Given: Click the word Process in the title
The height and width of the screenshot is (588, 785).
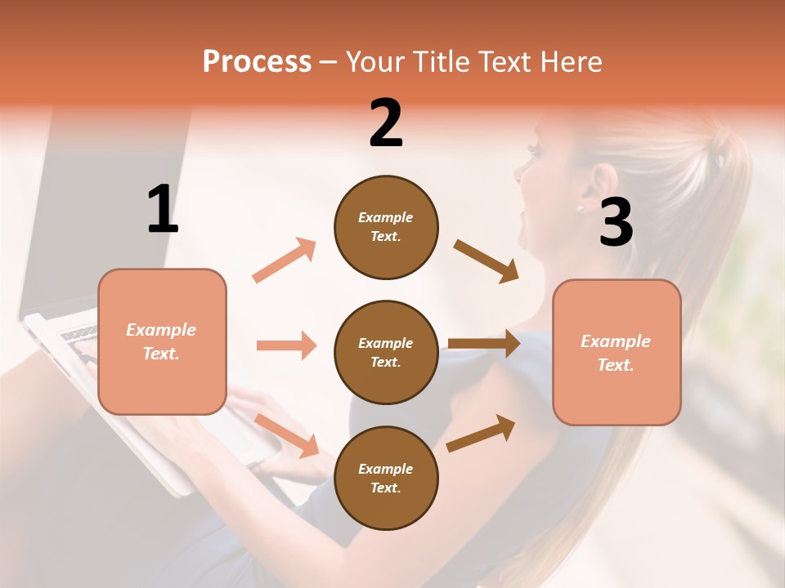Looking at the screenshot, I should [x=257, y=62].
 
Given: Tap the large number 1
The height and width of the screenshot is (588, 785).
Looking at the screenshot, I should [x=163, y=209].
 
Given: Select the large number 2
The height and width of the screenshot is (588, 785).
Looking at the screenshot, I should [x=386, y=124].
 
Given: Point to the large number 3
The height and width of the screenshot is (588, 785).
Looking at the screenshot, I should [x=616, y=222].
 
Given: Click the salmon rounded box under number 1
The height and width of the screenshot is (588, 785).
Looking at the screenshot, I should [x=162, y=341].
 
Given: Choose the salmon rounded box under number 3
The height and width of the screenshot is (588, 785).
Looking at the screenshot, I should [x=617, y=352].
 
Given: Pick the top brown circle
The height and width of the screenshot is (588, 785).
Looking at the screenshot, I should [x=386, y=227].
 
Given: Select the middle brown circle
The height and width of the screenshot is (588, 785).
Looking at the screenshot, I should [x=386, y=352].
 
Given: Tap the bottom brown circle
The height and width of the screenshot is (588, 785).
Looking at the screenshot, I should [x=386, y=478].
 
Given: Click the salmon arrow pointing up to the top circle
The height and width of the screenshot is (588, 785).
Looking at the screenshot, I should [x=285, y=261].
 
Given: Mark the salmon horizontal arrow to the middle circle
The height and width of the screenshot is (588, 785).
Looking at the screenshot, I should [x=286, y=345].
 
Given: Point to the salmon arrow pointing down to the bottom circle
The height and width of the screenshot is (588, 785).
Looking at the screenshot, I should [x=287, y=435].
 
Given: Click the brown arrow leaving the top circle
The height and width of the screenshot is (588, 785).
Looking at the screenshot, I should [x=486, y=261].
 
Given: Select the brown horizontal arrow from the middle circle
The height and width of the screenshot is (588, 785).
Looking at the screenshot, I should [x=484, y=344].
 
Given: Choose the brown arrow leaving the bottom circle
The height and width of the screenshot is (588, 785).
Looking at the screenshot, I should [x=481, y=433].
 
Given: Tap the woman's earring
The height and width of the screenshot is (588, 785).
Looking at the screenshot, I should [x=581, y=208].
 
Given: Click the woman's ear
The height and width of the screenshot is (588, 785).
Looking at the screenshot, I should [x=603, y=185].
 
